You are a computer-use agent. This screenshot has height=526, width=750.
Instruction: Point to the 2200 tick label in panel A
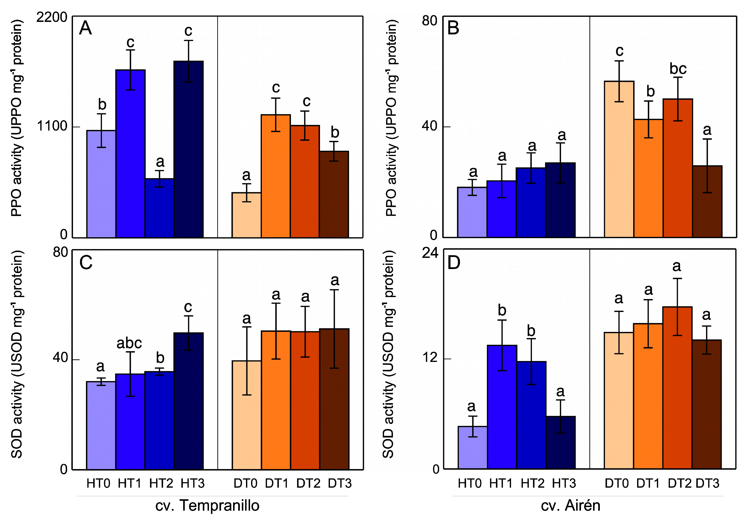click(52, 17)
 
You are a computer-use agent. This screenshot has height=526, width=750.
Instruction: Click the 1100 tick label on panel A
click(52, 126)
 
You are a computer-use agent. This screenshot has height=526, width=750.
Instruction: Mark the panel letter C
click(86, 262)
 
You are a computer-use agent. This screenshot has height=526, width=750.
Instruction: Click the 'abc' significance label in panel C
click(129, 343)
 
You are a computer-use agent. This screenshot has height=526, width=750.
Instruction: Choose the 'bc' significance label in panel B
click(678, 69)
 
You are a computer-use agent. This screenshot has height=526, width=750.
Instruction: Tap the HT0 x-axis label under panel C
click(98, 483)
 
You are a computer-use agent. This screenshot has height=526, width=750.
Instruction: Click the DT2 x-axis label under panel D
click(679, 483)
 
